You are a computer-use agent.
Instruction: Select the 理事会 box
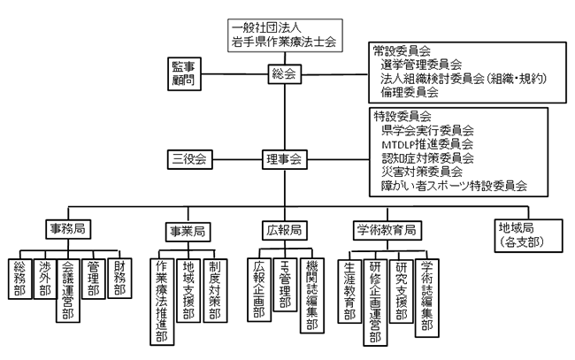283,160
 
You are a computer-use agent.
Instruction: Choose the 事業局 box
187,230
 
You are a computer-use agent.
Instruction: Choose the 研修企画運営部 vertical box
376,301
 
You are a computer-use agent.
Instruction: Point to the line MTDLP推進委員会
426,143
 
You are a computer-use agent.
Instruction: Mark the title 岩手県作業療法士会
283,42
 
